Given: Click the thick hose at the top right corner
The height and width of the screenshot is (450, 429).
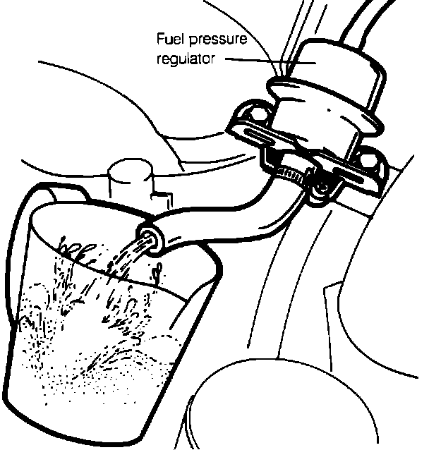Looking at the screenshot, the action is click(x=381, y=21).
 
